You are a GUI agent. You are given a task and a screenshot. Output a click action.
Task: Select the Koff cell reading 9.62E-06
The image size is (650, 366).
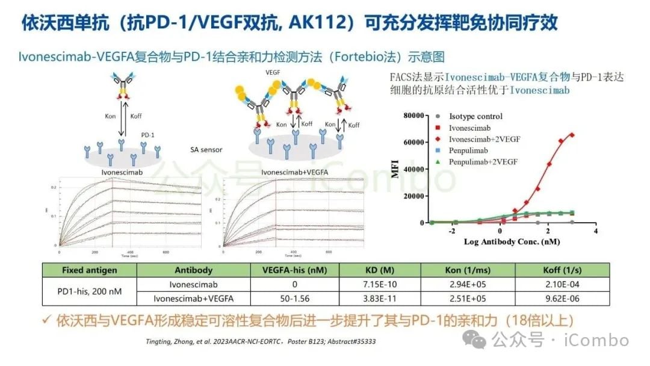[562, 297]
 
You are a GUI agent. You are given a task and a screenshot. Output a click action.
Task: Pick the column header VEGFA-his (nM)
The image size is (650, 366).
[293, 270]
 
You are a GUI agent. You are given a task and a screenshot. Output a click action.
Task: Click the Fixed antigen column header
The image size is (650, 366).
[90, 270]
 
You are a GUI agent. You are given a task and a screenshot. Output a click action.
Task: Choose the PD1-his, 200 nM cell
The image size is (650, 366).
[90, 291]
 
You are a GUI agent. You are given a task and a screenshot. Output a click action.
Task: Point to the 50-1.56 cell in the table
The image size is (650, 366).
[293, 297]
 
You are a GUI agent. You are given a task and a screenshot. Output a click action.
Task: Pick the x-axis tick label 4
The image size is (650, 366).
[595, 231]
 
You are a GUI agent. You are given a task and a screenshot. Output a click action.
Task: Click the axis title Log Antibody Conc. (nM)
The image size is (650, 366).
[512, 241]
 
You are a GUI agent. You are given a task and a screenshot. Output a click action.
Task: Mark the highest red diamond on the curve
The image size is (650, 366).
[572, 135]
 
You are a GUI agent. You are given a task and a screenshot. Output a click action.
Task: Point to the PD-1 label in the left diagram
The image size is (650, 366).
[147, 135]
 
